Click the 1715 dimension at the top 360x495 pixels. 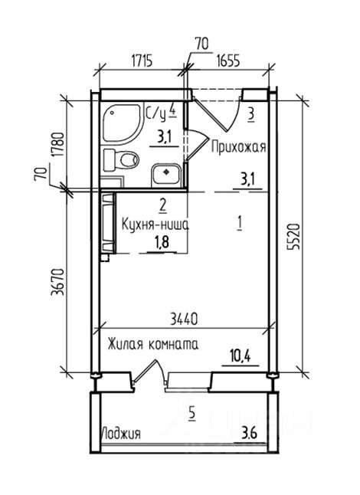pos(142,61)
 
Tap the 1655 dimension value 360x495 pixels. pos(228,61)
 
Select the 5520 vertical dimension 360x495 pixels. pos(293,237)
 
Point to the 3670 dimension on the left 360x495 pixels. pos(57,282)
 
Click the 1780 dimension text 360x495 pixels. pos(58,145)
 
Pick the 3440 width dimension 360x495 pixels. pos(184,319)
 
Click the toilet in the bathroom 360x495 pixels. pos(122,159)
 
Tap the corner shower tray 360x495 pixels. pos(121,123)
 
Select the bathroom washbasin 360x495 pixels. pos(166,175)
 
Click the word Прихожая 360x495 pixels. pos(239,147)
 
